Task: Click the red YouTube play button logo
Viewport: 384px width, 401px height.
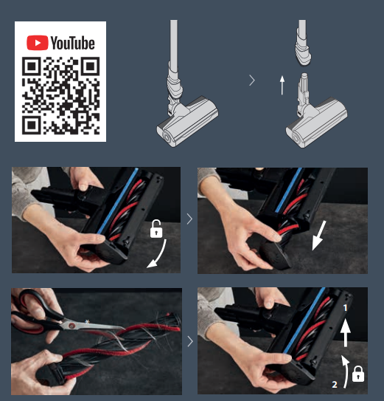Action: pos(38,43)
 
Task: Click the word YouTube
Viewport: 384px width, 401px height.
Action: pos(73,43)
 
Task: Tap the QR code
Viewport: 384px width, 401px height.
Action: pos(60,96)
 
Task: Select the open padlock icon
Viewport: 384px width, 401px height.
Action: pos(156,229)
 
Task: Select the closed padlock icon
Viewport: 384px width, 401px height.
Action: pos(358,374)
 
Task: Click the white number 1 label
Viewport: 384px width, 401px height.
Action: pos(345,308)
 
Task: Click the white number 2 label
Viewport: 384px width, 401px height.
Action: pos(335,384)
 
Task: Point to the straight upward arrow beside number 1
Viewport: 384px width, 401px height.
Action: pos(346,332)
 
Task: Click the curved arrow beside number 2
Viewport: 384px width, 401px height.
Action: pos(346,371)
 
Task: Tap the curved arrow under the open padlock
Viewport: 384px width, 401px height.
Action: pos(160,256)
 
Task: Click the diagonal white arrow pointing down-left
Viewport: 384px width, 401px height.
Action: pos(318,236)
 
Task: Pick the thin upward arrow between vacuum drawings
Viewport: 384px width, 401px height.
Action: pos(282,85)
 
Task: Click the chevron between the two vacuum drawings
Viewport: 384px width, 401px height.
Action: pos(252,80)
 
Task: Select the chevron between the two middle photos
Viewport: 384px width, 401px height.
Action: pos(189,219)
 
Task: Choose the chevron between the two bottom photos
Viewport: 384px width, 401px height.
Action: pos(190,341)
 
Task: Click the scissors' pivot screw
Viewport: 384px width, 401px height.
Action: pos(71,326)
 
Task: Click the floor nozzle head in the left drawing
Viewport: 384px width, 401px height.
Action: pos(188,122)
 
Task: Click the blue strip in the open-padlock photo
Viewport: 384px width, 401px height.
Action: pos(117,201)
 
